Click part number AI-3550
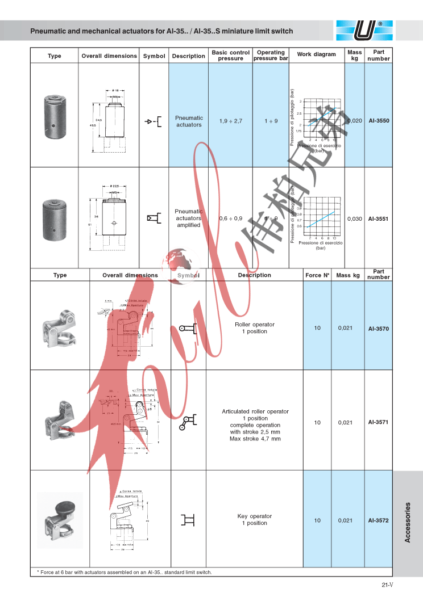click(x=379, y=121)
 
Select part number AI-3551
click(x=379, y=218)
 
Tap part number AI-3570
click(x=379, y=329)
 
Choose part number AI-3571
click(x=379, y=422)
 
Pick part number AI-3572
click(x=379, y=520)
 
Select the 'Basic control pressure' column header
click(x=230, y=55)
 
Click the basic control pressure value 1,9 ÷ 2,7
click(x=230, y=121)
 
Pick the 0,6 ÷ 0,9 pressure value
click(x=230, y=218)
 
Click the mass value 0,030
click(x=355, y=218)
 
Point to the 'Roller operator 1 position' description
click(x=255, y=328)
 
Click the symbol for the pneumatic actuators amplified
click(x=154, y=217)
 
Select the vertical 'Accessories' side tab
click(x=408, y=522)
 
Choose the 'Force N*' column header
click(x=317, y=275)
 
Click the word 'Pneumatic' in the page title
click(x=50, y=31)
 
